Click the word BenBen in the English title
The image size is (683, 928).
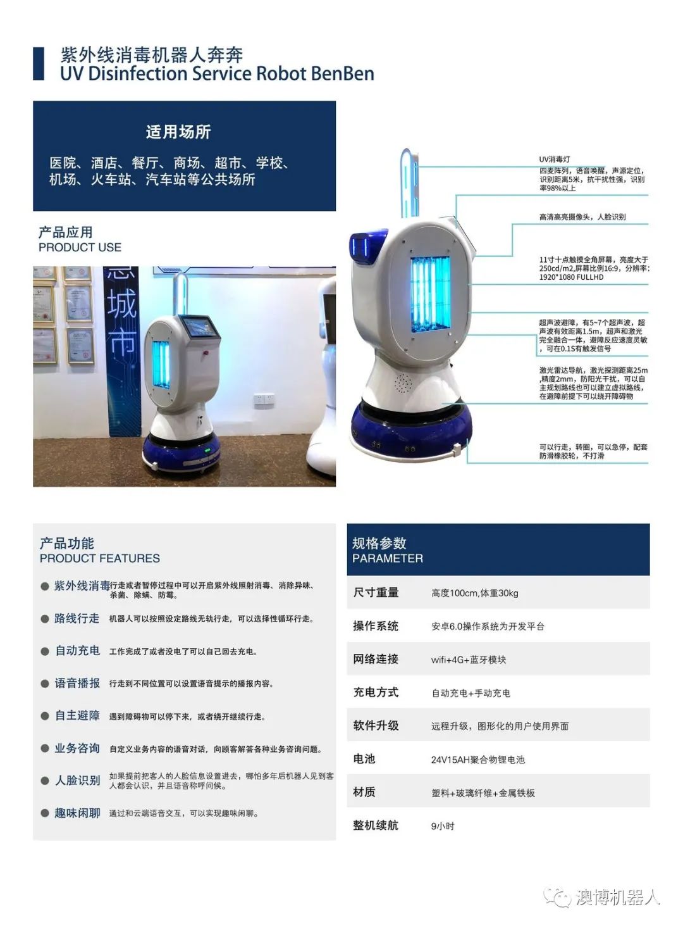(x=342, y=73)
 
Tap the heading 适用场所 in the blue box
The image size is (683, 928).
(x=178, y=132)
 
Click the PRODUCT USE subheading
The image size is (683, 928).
(x=80, y=248)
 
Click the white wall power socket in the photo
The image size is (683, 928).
(x=264, y=400)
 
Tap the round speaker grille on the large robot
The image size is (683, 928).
(x=403, y=383)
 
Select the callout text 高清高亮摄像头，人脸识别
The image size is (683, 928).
(x=582, y=216)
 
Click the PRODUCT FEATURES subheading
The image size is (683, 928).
(x=100, y=558)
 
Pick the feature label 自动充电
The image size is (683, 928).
(x=77, y=651)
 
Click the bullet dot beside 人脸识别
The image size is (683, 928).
(x=45, y=781)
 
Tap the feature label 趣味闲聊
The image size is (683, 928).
(x=77, y=813)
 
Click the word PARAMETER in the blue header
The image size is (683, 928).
(x=388, y=558)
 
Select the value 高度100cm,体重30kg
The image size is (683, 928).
(x=475, y=593)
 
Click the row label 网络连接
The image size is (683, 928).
(x=376, y=659)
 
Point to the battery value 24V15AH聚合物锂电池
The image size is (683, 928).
(x=477, y=760)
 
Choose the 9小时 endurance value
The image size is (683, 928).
(x=443, y=826)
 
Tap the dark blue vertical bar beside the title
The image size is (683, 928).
(x=39, y=63)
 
